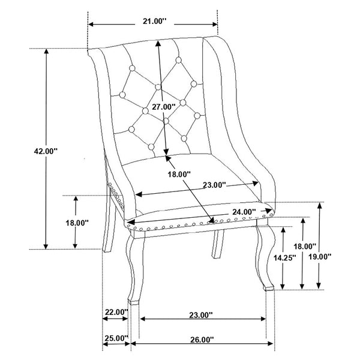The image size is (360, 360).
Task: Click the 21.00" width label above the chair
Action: [x=152, y=22]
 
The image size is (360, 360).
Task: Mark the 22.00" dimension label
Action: [x=116, y=312]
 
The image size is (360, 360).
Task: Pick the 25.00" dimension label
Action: [x=116, y=338]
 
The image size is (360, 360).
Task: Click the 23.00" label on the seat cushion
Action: [x=212, y=185]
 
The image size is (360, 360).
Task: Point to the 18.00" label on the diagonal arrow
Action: [x=179, y=174]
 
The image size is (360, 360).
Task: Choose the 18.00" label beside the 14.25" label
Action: [x=305, y=246]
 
